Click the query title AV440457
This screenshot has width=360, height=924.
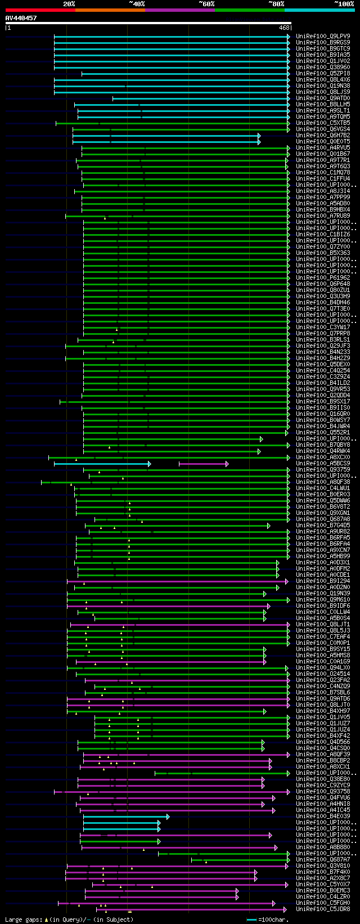[21, 18]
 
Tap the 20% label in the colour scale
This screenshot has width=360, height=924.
[69, 4]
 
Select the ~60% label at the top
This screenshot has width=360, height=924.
[206, 4]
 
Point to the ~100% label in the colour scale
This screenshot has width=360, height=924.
[344, 4]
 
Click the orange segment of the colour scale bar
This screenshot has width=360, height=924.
[110, 10]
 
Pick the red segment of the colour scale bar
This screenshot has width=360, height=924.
[40, 10]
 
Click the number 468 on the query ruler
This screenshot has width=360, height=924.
[284, 28]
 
